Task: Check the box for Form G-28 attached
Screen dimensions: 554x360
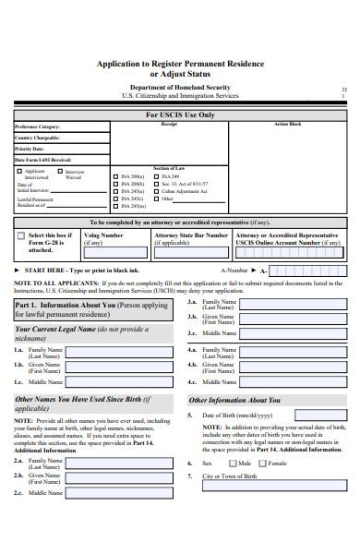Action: coord(21,237)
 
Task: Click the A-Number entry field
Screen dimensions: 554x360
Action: coord(306,270)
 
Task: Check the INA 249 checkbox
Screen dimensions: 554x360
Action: coord(158,175)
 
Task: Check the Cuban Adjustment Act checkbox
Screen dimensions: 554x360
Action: coord(158,190)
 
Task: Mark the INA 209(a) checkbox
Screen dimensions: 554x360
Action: coord(115,175)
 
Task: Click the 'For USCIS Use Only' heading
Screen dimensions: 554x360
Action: coord(180,114)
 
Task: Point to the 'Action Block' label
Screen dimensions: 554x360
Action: coord(287,124)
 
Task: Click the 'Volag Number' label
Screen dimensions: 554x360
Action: coord(103,235)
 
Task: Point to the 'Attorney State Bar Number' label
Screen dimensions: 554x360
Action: coord(191,235)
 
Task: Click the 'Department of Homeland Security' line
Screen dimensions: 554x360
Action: coord(181,86)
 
